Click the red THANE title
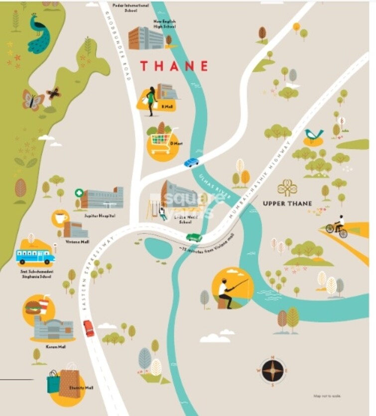(x=174, y=66)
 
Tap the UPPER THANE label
(x=287, y=204)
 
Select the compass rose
(x=273, y=370)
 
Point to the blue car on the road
(x=191, y=162)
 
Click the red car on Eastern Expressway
(x=89, y=328)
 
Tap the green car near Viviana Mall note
(x=194, y=237)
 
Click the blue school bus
(x=35, y=256)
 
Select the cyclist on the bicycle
(x=337, y=226)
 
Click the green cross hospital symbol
(x=79, y=193)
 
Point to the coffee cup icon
(x=60, y=218)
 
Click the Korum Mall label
(x=55, y=347)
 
